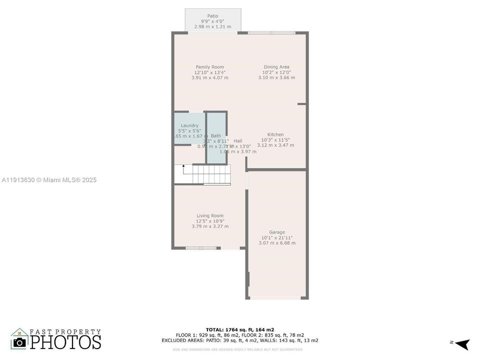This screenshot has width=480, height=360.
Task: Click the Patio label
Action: (212, 16)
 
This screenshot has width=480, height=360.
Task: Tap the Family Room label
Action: (209, 67)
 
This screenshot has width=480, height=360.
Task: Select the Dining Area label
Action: (276, 67)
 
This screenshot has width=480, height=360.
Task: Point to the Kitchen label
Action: (275, 134)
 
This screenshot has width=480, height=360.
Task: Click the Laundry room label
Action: (189, 125)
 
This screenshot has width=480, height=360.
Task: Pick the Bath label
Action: (216, 135)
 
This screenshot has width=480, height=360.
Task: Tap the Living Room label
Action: (210, 215)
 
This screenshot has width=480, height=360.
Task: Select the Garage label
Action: (277, 232)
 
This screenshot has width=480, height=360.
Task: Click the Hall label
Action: (238, 141)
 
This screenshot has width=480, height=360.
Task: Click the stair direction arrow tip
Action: (183, 165)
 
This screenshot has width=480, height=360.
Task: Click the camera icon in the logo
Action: (20, 342)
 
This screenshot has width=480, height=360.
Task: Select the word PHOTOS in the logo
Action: (65, 342)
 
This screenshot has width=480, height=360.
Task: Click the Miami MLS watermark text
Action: (49, 180)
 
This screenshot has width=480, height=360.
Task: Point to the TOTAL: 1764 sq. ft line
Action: (239, 329)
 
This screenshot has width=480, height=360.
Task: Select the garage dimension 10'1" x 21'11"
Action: (277, 237)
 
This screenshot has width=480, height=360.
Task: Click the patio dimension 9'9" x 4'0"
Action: (212, 21)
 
